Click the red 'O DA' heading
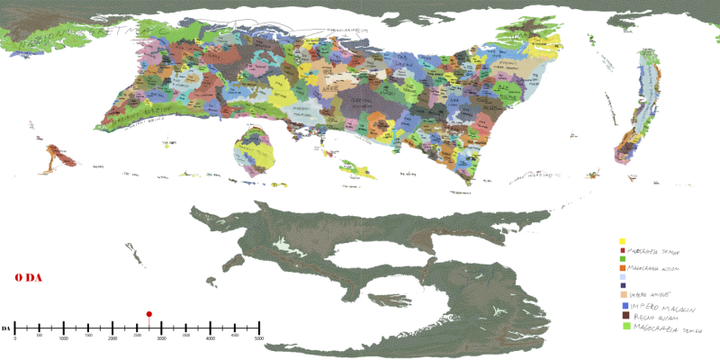click(29, 279)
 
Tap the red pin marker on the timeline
click(148, 314)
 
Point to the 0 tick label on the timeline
click(15, 337)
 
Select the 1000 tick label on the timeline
click(64, 337)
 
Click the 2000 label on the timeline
click(112, 337)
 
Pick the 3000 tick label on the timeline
click(162, 337)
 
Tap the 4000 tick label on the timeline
click(211, 337)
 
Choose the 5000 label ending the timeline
click(259, 337)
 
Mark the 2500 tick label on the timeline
click(137, 337)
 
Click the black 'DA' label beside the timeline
click(6, 327)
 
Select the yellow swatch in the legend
click(623, 241)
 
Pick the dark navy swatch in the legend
click(623, 285)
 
